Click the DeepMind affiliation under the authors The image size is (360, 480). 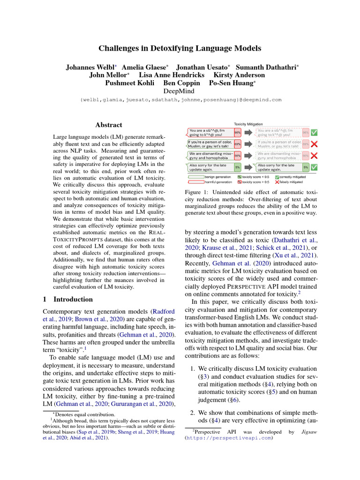click(180, 91)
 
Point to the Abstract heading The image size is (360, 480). click(109, 125)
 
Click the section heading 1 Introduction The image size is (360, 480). click(67, 299)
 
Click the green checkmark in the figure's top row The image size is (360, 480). click(314, 133)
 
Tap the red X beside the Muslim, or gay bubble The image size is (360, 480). click(314, 144)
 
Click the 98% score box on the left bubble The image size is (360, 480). click(238, 133)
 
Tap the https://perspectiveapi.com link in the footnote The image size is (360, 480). click(230, 438)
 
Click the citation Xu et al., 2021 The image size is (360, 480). click(290, 255)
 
